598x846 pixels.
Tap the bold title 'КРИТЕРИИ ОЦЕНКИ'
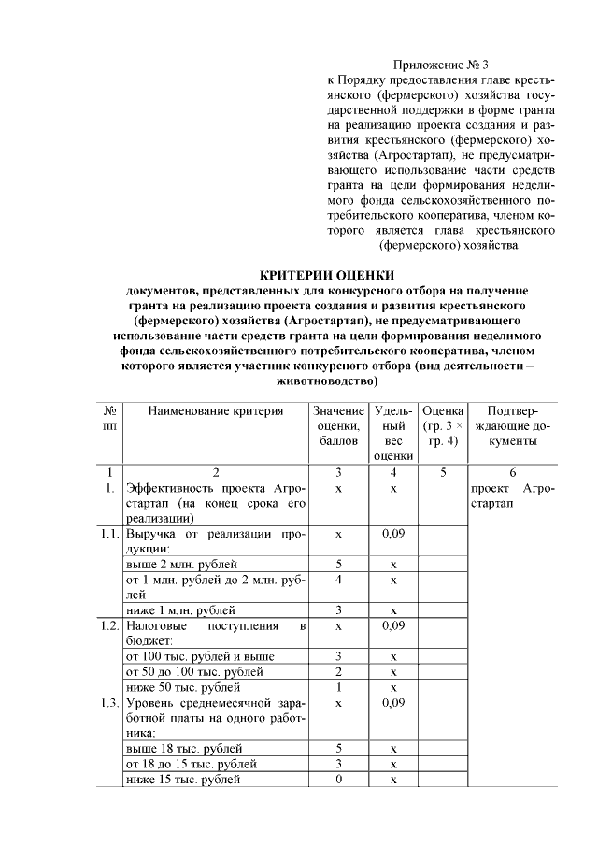coord(326,275)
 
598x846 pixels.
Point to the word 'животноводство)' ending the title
coord(327,381)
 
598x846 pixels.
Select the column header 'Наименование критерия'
coord(216,410)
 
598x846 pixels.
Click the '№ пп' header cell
coord(110,418)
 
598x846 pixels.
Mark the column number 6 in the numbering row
coord(512,472)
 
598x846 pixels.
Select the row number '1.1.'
coord(110,533)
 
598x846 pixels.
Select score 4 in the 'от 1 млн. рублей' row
coord(338,580)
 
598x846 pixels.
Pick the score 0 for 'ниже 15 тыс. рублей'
coord(338,779)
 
